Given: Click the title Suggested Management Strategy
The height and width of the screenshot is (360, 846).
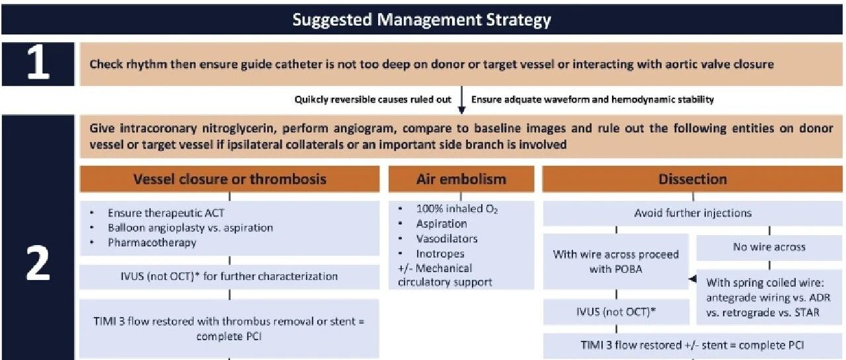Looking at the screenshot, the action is point(422,20).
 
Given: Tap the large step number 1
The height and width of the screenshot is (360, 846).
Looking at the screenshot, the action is point(38,64).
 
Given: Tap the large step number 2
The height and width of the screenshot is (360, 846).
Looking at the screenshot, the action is point(38,263).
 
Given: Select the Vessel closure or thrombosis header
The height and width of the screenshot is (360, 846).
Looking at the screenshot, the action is point(229,179).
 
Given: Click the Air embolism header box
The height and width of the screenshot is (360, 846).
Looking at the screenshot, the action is point(461,179).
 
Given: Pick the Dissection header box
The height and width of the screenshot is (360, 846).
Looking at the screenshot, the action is point(692,179).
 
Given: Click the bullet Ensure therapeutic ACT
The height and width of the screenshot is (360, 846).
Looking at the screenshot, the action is point(166,213).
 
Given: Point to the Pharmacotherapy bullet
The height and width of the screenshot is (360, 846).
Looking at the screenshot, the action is point(152,242).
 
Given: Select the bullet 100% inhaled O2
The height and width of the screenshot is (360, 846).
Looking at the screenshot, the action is point(457,209).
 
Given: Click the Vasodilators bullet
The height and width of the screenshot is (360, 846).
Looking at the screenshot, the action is point(447,238).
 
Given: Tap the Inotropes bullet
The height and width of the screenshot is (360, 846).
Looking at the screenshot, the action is point(440,254).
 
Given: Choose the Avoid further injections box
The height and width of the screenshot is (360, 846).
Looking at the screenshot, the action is point(693,213).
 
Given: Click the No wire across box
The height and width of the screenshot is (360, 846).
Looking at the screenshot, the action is point(769,247).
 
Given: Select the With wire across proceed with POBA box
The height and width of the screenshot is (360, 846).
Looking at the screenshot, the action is point(616,262).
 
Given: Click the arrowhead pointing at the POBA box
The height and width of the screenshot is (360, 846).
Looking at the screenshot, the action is point(693,279).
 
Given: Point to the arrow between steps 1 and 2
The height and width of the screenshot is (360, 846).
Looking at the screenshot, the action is point(461,100).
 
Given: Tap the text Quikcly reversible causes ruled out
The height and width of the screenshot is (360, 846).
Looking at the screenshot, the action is point(373,100).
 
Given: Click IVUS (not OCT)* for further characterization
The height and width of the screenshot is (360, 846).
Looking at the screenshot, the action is point(229,276).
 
